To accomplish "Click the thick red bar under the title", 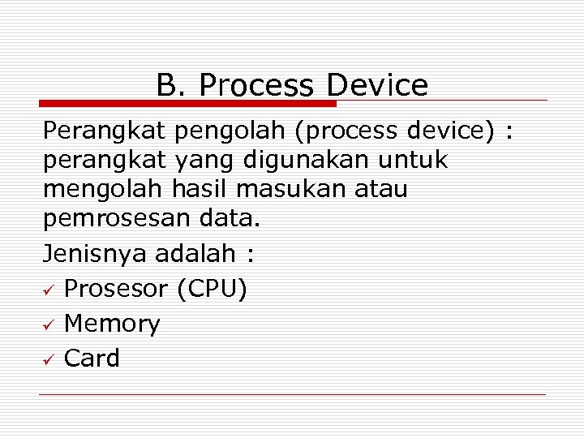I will tap(187, 104).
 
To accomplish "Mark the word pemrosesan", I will tap(121, 220).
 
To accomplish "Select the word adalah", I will tap(193, 255).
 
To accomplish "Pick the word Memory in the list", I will tap(112, 324).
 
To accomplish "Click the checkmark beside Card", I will tap(49, 359).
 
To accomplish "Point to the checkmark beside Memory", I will tap(49, 325).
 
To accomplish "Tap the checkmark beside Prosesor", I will tap(49, 290).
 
